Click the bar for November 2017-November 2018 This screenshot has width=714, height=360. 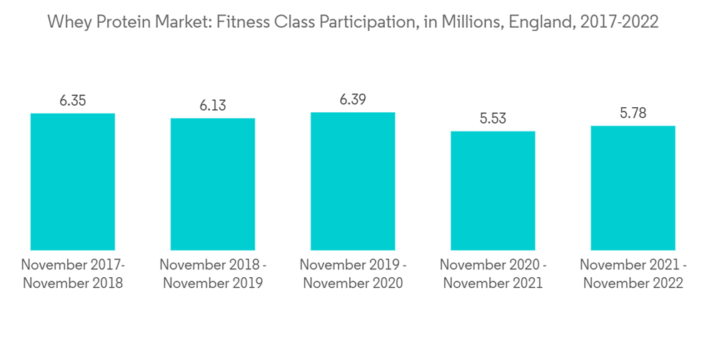pos(73,181)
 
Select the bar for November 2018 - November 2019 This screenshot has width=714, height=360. pos(213,184)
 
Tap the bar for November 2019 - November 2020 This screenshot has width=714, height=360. pos(353,181)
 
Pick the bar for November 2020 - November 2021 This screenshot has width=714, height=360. pos(493,191)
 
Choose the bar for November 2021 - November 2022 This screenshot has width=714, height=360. pos(633,188)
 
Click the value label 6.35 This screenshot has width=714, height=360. pos(73,101)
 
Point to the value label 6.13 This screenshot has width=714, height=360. pos(213,106)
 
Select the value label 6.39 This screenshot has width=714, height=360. pos(353,100)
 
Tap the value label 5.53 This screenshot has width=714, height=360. pos(493,119)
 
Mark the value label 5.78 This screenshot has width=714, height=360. pos(633,113)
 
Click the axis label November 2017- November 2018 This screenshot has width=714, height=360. pos(73,274)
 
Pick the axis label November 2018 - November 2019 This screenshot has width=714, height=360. pos(213,274)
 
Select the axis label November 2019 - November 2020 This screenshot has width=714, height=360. pos(353,274)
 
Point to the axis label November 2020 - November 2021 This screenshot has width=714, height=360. pos(493,274)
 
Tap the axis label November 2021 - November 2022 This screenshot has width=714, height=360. pos(633,274)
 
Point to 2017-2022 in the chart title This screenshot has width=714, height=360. pos(618,23)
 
